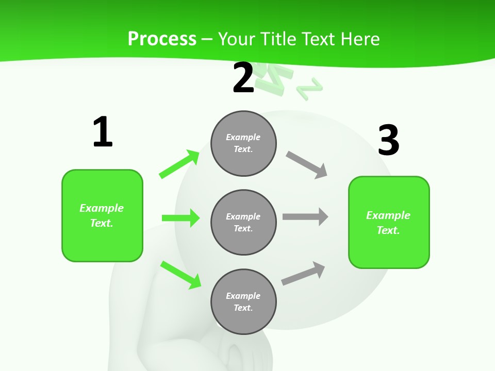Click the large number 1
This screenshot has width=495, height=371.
[103, 132]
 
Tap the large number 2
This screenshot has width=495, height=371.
[243, 78]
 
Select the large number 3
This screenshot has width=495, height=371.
[388, 140]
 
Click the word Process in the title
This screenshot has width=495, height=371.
[162, 39]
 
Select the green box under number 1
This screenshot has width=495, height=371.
[102, 215]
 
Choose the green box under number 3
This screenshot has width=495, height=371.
[389, 223]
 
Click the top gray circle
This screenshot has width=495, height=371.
[243, 143]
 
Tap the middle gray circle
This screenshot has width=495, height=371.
[243, 223]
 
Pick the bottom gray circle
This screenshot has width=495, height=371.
[243, 302]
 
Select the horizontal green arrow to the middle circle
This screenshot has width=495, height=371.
[180, 218]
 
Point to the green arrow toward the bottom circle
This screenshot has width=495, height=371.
[181, 275]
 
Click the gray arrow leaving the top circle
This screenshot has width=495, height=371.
[307, 165]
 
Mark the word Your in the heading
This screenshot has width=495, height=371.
[235, 39]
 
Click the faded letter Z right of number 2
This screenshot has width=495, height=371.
[309, 89]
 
